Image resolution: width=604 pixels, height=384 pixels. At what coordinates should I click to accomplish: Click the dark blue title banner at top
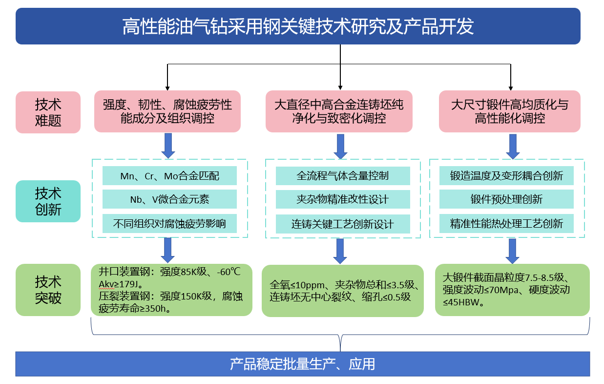298,26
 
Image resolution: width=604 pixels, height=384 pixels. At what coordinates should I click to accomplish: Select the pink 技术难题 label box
48,112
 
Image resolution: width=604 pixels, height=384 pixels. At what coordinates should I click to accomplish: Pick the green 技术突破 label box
48,290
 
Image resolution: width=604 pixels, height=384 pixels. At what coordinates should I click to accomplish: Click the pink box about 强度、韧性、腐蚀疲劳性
167,111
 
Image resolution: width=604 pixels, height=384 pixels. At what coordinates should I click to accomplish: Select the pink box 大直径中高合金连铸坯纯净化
339,111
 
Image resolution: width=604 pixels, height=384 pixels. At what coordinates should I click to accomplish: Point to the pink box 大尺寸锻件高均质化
510,111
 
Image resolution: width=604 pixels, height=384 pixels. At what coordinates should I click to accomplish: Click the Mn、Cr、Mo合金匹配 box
169,176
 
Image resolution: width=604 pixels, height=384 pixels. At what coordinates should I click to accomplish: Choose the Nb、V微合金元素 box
169,199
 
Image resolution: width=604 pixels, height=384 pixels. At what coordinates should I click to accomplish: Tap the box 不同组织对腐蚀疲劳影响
169,224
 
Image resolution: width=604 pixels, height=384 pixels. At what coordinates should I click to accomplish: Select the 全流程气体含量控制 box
343,176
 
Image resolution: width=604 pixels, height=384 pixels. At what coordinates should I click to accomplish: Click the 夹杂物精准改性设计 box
343,199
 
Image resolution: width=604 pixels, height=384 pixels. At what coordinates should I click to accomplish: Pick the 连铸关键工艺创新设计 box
343,224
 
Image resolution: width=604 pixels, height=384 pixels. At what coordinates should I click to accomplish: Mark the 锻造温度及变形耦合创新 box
506,176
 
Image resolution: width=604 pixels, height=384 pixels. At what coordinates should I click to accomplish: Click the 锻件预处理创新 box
506,199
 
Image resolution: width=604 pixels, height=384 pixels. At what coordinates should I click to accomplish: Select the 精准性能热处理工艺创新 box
506,224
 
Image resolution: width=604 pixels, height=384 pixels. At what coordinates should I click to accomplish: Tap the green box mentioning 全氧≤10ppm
343,291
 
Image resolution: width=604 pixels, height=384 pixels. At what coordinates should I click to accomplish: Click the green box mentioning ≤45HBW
512,290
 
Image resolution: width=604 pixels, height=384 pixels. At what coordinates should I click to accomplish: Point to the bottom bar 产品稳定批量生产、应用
302,364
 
